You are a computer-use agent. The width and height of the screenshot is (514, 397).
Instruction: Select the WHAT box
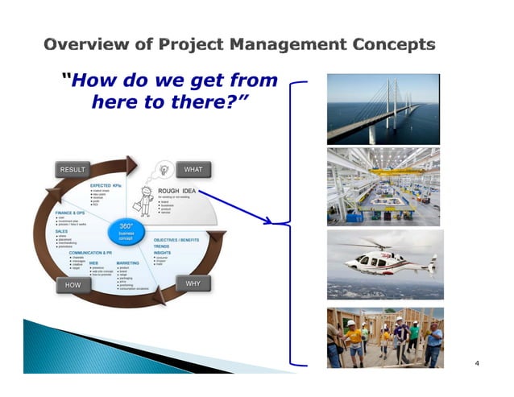click(x=193, y=169)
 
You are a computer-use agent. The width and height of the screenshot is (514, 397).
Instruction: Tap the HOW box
click(x=72, y=285)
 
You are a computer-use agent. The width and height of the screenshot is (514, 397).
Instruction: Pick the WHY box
click(x=193, y=284)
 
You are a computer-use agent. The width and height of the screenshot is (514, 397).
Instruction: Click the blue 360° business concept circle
click(x=126, y=231)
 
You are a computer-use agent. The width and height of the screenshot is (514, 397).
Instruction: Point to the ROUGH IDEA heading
click(x=178, y=191)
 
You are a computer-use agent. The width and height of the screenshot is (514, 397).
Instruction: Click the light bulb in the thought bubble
click(x=164, y=171)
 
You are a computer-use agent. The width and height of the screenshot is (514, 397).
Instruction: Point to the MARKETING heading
click(x=133, y=263)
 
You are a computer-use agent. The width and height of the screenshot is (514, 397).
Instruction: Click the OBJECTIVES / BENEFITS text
click(x=176, y=239)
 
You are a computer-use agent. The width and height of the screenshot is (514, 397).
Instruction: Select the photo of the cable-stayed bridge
click(x=383, y=109)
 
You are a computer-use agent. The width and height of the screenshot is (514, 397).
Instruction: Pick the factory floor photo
click(x=383, y=187)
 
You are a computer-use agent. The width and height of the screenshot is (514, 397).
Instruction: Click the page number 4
click(x=477, y=364)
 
